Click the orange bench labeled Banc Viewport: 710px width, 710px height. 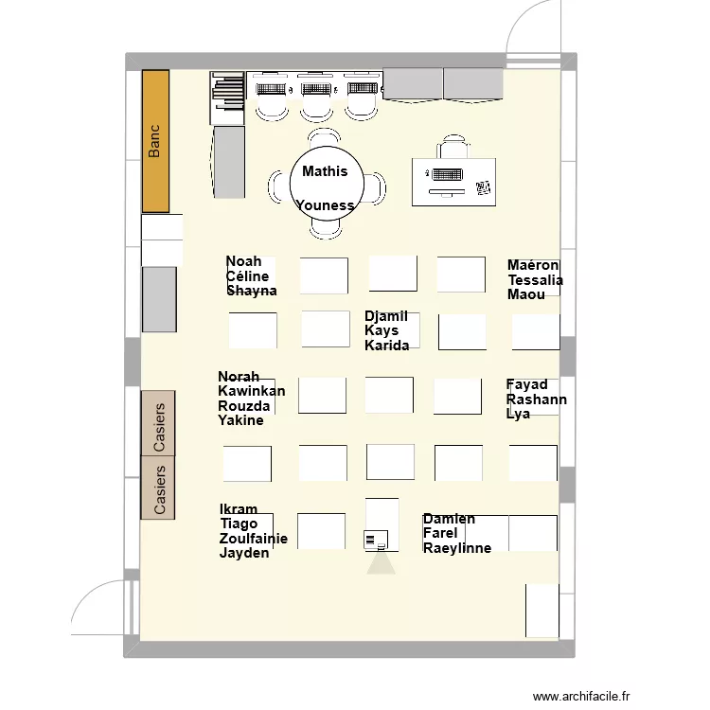(x=155, y=141)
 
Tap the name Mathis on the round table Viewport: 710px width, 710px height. (x=325, y=171)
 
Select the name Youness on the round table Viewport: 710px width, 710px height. (x=325, y=205)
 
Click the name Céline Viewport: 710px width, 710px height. (x=247, y=276)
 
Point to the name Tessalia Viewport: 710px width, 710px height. (x=535, y=280)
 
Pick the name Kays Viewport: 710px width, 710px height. (x=382, y=331)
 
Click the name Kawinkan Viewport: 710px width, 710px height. (x=251, y=392)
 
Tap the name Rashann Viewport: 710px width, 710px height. (x=537, y=399)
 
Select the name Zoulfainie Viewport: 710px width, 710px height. (x=254, y=539)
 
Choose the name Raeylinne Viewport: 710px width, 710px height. (x=457, y=547)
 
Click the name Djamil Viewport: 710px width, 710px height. (x=386, y=316)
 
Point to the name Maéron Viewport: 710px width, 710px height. (x=533, y=266)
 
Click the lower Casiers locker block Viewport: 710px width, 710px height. (x=158, y=488)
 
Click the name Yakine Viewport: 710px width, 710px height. (x=240, y=420)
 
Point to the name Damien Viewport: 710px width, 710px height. (x=449, y=519)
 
